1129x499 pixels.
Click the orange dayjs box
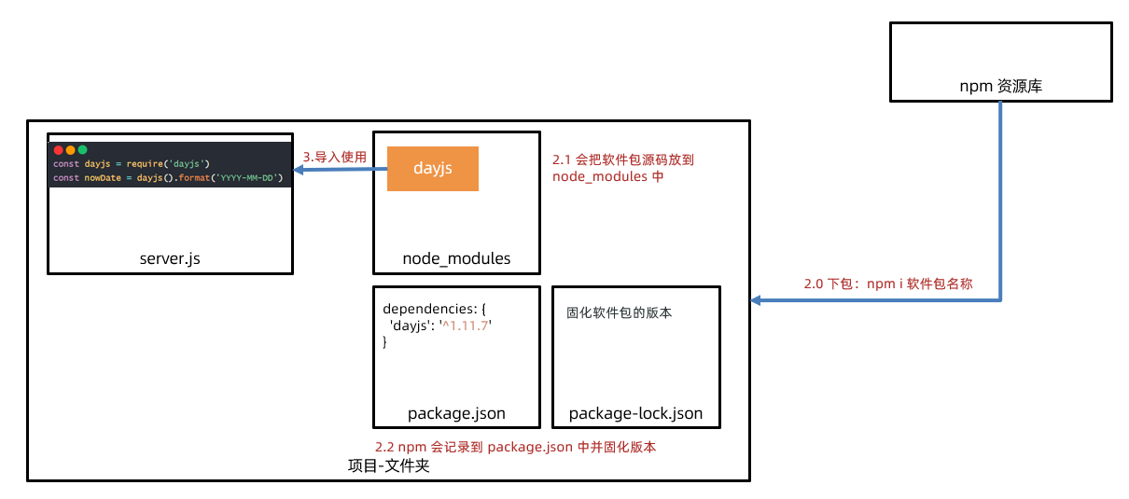pyautogui.click(x=432, y=169)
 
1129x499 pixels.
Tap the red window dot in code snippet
pyautogui.click(x=58, y=149)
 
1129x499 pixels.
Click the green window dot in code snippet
pyautogui.click(x=82, y=149)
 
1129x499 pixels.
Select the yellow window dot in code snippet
pyautogui.click(x=70, y=149)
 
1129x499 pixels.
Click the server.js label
pyautogui.click(x=169, y=258)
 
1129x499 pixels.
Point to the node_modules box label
pyautogui.click(x=456, y=258)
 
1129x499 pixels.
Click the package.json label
pyautogui.click(x=456, y=413)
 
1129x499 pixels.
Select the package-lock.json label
pyautogui.click(x=635, y=413)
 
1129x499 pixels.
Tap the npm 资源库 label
pyautogui.click(x=1000, y=86)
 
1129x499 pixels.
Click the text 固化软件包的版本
pyautogui.click(x=619, y=312)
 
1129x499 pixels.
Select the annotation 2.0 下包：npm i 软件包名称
pyautogui.click(x=888, y=284)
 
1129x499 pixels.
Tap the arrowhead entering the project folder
pyautogui.click(x=757, y=300)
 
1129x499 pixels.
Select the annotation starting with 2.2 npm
pyautogui.click(x=515, y=447)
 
